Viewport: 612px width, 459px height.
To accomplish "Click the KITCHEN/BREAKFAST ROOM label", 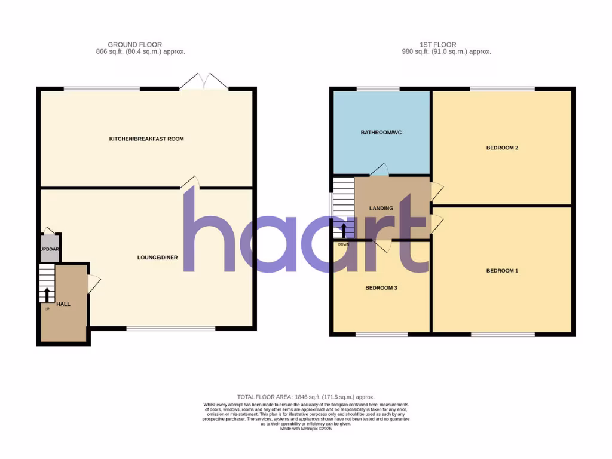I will (146, 139).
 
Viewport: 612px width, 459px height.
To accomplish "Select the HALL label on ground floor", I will (63, 304).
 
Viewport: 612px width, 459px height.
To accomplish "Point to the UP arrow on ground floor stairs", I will (47, 295).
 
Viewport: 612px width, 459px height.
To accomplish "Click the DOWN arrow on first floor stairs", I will (344, 231).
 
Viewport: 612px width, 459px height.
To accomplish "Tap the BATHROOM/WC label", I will (381, 132).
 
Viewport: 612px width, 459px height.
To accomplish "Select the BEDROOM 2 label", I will (501, 148).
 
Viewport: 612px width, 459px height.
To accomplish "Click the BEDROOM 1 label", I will (501, 271).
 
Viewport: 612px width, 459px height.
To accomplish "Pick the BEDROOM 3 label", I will (381, 288).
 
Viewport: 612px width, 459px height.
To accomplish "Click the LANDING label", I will (381, 209).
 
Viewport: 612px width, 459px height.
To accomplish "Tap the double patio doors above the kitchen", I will (203, 82).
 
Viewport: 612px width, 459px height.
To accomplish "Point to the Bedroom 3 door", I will (381, 245).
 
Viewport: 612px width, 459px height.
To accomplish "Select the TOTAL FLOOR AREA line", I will (305, 397).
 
